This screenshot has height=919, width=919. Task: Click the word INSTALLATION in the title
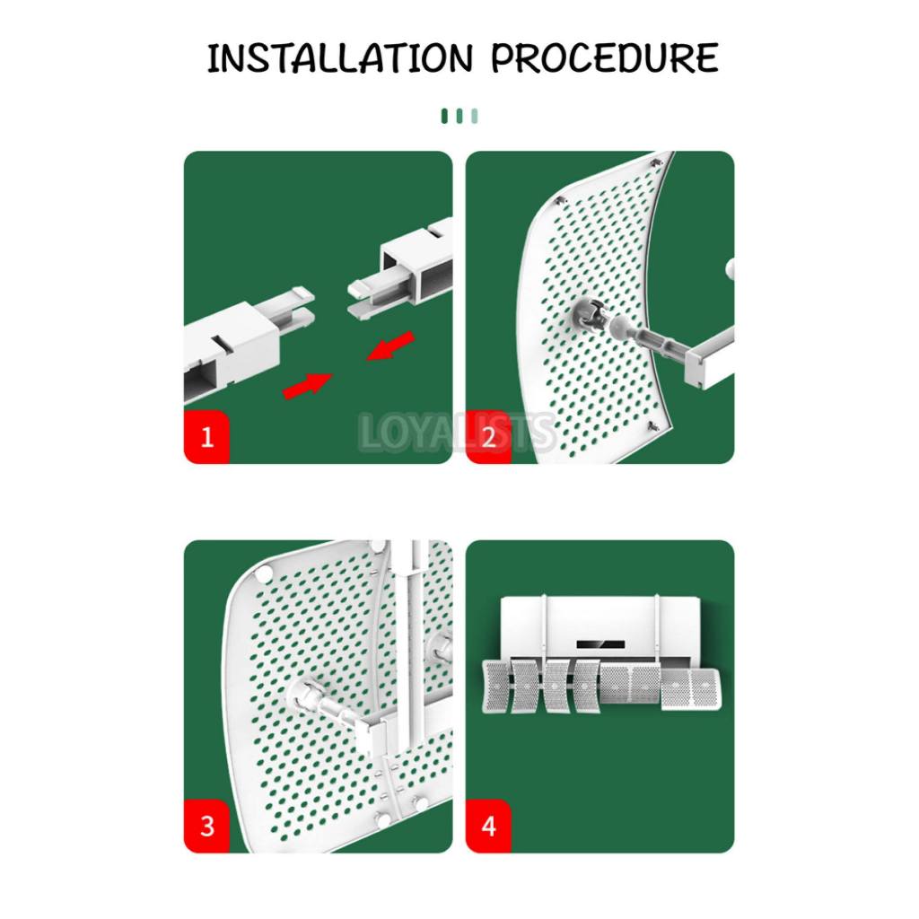pyautogui.click(x=340, y=57)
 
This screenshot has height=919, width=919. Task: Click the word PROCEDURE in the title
pyautogui.click(x=604, y=57)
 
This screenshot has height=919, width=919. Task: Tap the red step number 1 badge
pyautogui.click(x=206, y=437)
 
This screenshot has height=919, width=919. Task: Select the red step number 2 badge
pyautogui.click(x=488, y=437)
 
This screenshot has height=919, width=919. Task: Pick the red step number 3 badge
pyautogui.click(x=206, y=826)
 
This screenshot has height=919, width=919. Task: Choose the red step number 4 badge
pyautogui.click(x=488, y=826)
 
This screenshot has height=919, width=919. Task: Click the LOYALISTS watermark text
pyautogui.click(x=457, y=433)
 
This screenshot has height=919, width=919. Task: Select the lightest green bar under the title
pyautogui.click(x=474, y=116)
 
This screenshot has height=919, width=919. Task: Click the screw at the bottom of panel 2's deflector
pyautogui.click(x=653, y=425)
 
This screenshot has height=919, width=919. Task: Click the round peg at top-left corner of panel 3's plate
pyautogui.click(x=264, y=572)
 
